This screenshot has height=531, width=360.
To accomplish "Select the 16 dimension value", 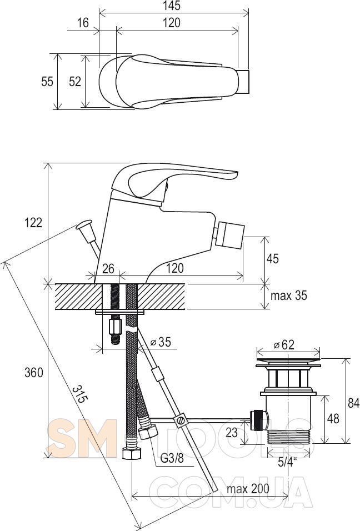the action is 83,23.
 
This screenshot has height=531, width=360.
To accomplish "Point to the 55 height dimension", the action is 47,82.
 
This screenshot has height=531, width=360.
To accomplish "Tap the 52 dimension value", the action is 75,82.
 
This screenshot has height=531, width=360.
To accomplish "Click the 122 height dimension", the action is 33,223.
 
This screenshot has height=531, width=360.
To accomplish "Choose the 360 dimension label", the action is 34,373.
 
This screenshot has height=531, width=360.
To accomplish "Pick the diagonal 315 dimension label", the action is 80,394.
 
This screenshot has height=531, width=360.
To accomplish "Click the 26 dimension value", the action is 108,268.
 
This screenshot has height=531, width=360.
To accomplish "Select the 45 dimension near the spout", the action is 272,258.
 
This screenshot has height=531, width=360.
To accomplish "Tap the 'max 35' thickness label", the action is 288,295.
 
